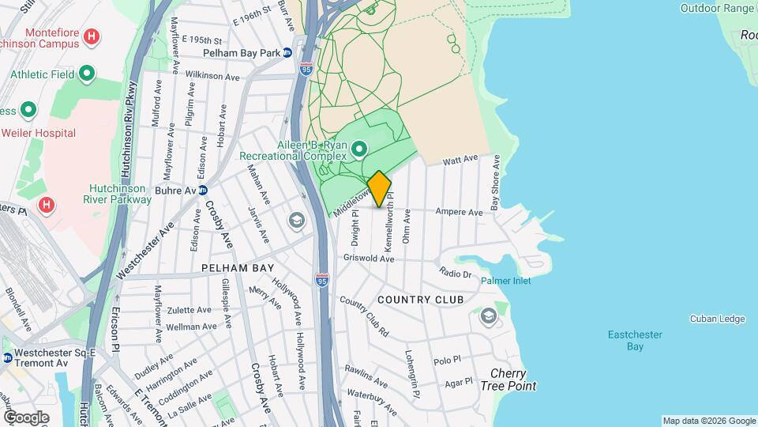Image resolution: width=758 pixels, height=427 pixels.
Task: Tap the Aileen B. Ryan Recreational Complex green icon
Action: (360, 148)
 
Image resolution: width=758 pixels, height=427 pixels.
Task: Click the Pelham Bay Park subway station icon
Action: (287, 53)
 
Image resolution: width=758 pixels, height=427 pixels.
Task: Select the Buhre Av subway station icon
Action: (203, 190)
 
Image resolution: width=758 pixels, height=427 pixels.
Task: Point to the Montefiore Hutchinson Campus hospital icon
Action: (92, 36)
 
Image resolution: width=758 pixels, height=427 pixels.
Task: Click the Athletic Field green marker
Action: (87, 74)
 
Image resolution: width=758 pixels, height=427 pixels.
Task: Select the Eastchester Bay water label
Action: (635, 340)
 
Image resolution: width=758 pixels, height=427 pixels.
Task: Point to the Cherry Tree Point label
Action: (513, 380)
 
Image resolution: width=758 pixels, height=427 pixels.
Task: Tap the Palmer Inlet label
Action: (506, 281)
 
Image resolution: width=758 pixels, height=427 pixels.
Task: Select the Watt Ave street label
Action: (460, 160)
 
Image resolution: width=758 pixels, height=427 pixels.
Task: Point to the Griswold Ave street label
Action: (369, 259)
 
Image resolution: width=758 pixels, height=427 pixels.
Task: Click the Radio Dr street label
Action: (456, 274)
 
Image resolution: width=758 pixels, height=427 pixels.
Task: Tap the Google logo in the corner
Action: (27, 417)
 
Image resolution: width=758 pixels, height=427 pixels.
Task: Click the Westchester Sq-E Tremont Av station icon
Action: (8, 357)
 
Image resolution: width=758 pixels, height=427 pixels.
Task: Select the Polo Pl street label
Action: (447, 360)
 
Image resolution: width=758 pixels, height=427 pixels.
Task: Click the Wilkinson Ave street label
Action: (212, 77)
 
